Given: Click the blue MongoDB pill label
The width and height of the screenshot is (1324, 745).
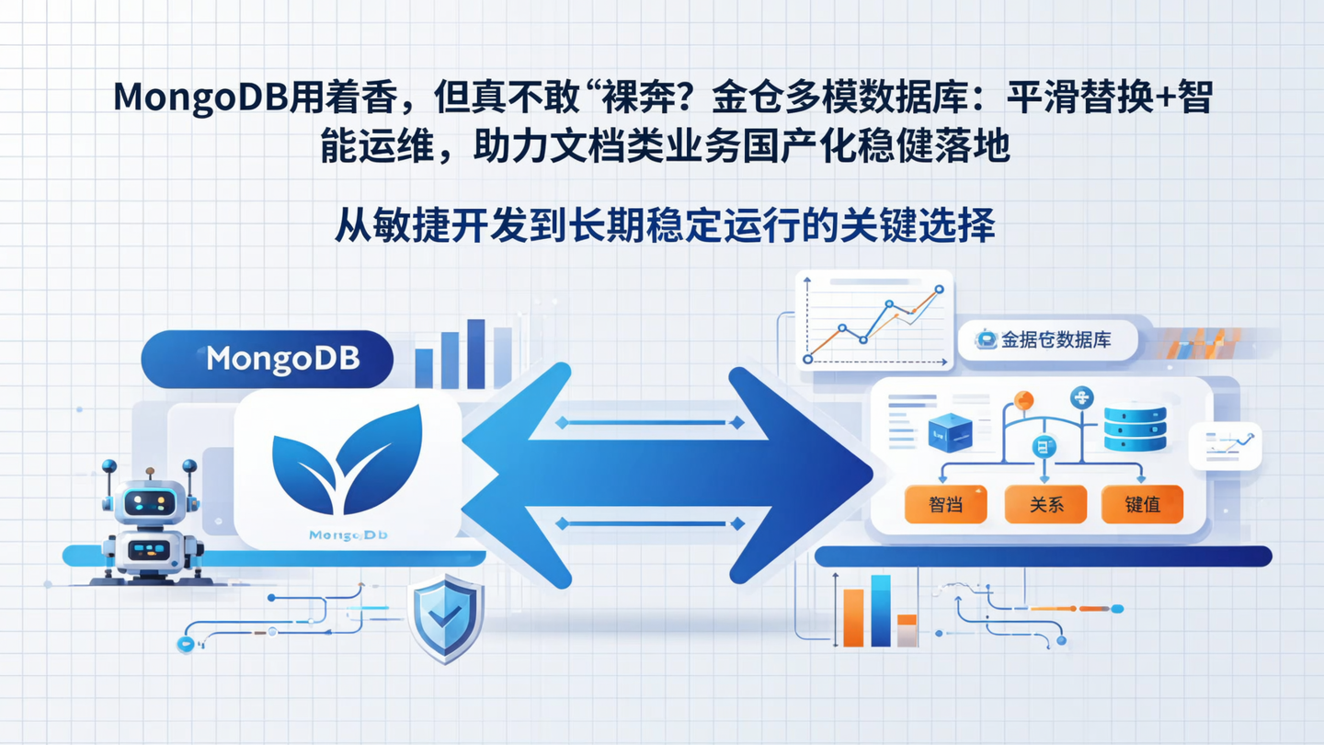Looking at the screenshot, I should pos(267,359).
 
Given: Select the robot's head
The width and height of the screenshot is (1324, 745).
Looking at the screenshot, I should pos(149,501).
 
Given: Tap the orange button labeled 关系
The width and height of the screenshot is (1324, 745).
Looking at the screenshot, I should pos(1045,505).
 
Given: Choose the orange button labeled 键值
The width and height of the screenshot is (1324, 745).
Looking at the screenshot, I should pos(1142,505).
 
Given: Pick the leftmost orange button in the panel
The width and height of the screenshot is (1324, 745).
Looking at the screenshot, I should pos(945,505).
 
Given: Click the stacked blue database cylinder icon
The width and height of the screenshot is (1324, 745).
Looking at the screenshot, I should pos(1135,429).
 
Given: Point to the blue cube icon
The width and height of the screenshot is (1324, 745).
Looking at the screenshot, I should pos(950,432).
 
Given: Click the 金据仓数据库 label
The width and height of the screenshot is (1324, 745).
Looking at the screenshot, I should pos(1047,339).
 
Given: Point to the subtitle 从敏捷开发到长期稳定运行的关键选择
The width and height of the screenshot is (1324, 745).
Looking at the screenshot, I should pos(664,223).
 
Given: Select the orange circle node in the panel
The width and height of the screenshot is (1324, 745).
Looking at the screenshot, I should pos(1023,400).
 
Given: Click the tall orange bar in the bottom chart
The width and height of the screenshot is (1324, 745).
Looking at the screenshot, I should pos(853,617).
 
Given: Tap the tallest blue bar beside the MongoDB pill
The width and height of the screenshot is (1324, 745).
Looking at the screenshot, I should pos(475,354).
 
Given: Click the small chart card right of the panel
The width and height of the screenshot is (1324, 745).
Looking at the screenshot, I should pos(1225,446).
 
